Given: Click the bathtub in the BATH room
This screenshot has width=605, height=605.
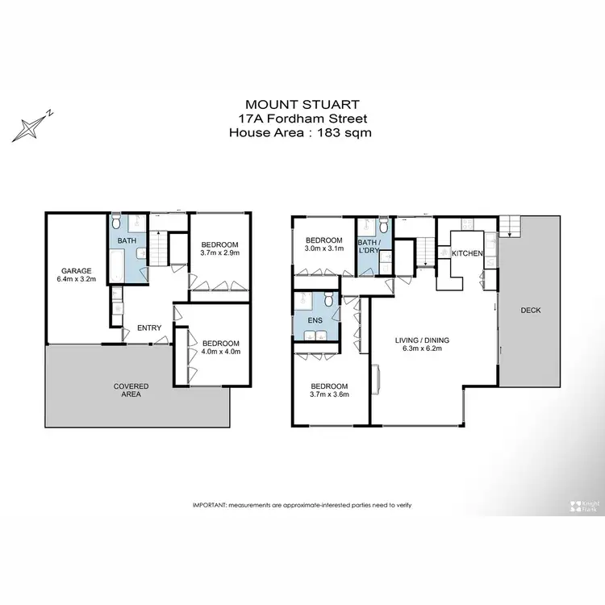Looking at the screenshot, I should (115, 264).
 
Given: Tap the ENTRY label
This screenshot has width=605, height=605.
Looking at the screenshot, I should (149, 328).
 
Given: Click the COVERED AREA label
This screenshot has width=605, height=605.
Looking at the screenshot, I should (131, 390).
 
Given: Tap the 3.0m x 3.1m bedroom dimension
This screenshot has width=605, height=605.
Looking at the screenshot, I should (323, 250).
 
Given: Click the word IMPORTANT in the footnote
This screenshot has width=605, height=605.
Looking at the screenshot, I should (210, 505).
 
